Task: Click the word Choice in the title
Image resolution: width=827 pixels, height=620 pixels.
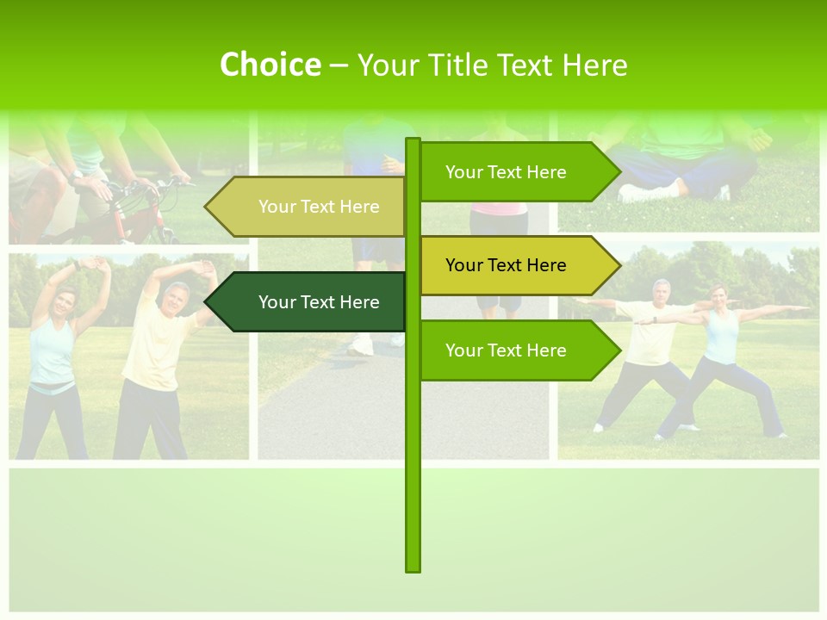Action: pyautogui.click(x=270, y=65)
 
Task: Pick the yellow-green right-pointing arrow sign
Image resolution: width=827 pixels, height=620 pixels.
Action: pyautogui.click(x=517, y=265)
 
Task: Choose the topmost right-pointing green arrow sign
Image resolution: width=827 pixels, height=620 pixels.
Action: pyautogui.click(x=517, y=172)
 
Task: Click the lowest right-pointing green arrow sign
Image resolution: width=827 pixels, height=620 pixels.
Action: pyautogui.click(x=517, y=350)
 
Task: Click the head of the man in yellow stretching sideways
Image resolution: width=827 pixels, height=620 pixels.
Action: pyautogui.click(x=176, y=297)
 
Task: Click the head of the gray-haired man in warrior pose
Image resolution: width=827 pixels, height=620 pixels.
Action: pyautogui.click(x=661, y=290)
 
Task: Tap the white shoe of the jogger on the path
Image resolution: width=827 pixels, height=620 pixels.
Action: pyautogui.click(x=362, y=345)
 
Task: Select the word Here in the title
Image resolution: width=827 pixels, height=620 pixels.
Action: pyautogui.click(x=594, y=65)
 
